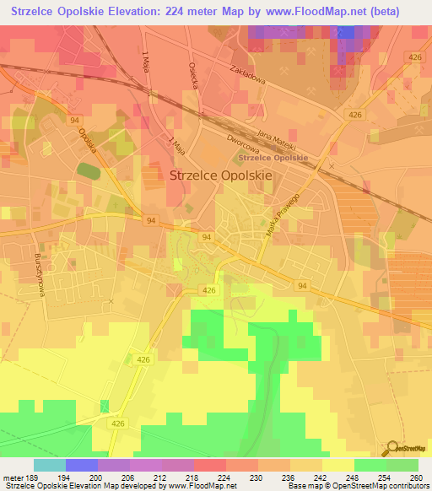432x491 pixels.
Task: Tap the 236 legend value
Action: coord(293,477)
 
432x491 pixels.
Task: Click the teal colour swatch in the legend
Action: coord(49,465)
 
